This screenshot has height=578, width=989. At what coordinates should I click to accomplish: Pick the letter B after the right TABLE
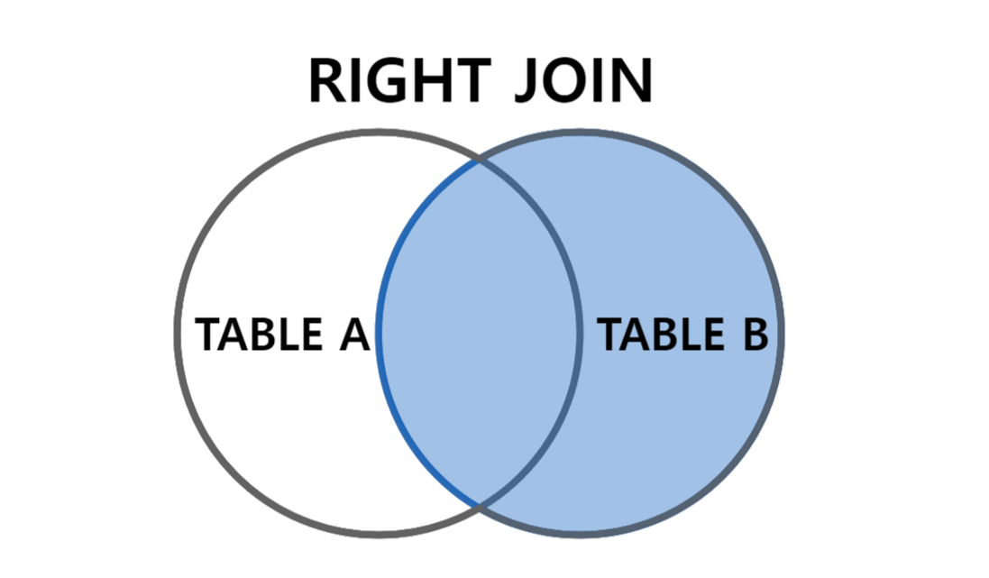[750, 335]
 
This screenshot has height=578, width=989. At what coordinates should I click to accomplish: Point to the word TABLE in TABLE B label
[661, 335]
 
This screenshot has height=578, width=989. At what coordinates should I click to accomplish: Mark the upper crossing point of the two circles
[479, 162]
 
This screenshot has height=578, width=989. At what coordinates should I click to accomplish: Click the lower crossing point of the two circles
[479, 503]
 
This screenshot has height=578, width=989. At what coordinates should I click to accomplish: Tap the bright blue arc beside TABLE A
[380, 335]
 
